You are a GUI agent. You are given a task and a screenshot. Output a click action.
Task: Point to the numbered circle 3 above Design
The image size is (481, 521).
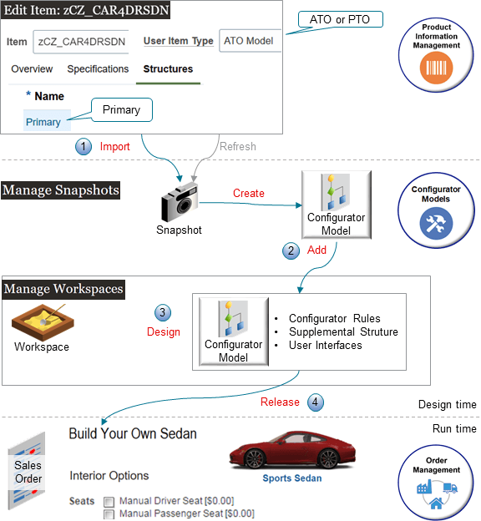(x=164, y=312)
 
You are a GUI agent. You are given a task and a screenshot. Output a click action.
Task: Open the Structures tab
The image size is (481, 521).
(x=169, y=69)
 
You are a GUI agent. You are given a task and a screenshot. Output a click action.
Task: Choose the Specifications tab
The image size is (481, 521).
(x=98, y=69)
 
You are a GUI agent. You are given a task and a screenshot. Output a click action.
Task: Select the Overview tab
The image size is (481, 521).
(x=32, y=69)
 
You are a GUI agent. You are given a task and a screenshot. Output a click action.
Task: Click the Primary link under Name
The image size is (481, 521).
(x=43, y=122)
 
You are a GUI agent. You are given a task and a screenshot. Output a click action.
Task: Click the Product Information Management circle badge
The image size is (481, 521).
(x=430, y=53)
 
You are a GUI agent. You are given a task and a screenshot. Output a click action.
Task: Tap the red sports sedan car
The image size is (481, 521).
(x=285, y=452)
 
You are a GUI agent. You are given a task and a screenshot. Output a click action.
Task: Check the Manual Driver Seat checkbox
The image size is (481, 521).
(x=109, y=502)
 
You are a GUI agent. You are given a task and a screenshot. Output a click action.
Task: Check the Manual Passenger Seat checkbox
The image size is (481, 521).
(x=109, y=513)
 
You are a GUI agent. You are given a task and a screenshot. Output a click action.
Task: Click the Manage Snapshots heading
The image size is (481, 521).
(x=60, y=190)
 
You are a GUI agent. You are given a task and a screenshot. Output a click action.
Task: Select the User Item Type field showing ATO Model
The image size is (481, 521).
(x=250, y=41)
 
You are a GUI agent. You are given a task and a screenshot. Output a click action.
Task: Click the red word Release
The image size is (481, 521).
(x=280, y=402)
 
